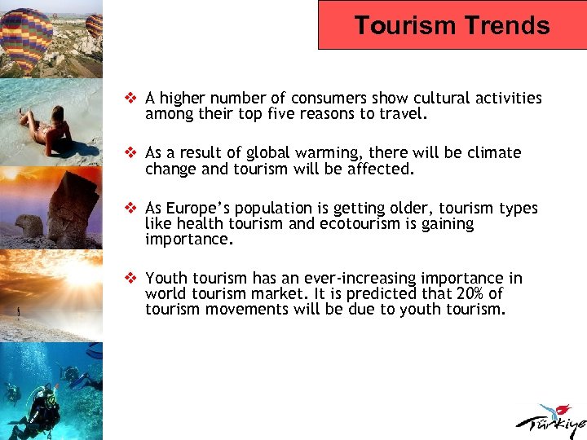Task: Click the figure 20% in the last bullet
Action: [459, 294]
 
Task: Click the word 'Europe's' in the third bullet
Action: [201, 209]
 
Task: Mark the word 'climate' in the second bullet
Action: [494, 153]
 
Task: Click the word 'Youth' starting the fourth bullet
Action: [166, 279]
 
